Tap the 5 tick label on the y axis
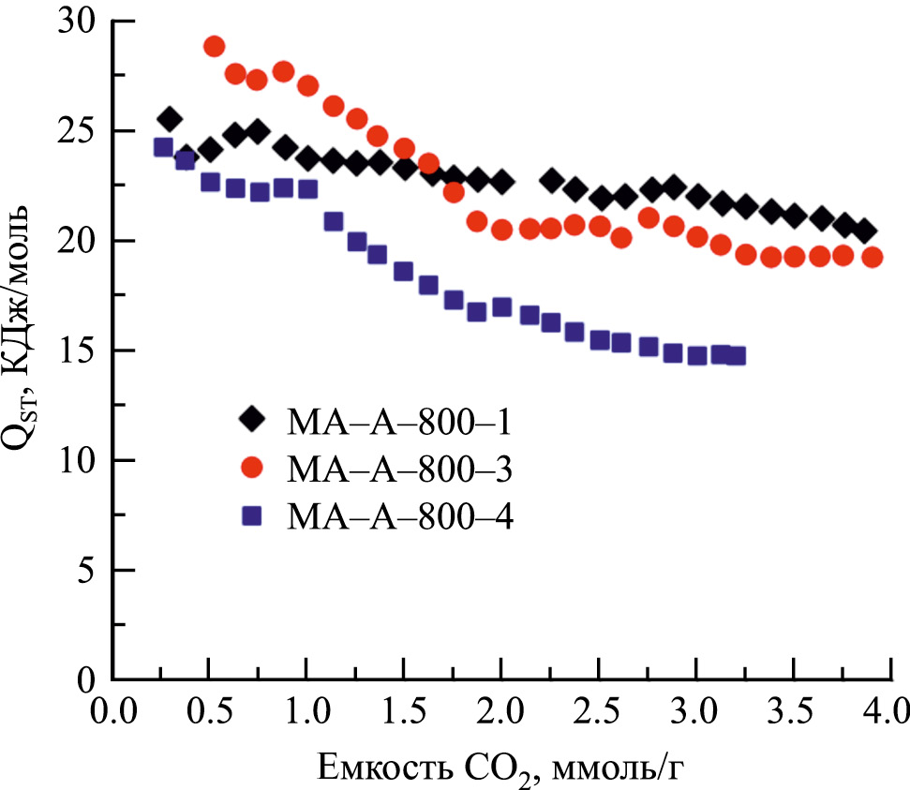click(88, 571)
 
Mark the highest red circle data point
click(214, 47)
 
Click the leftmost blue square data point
click(163, 147)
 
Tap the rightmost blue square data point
click(736, 355)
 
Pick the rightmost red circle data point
click(872, 257)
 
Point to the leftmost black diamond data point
click(169, 119)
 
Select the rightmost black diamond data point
click(864, 231)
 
